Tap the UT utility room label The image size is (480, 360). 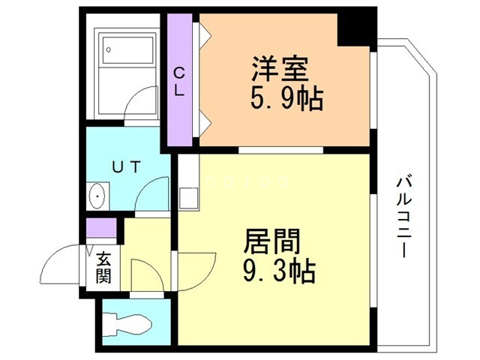click(125, 167)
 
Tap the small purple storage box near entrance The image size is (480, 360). click(101, 226)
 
